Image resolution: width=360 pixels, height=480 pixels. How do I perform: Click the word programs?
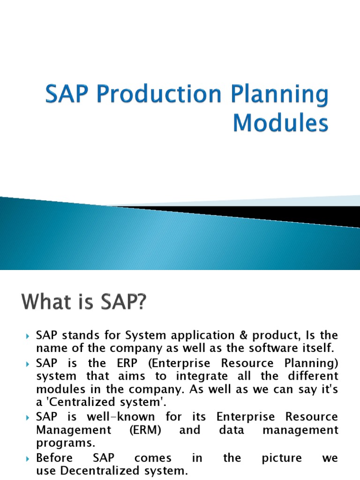click(x=61, y=443)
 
